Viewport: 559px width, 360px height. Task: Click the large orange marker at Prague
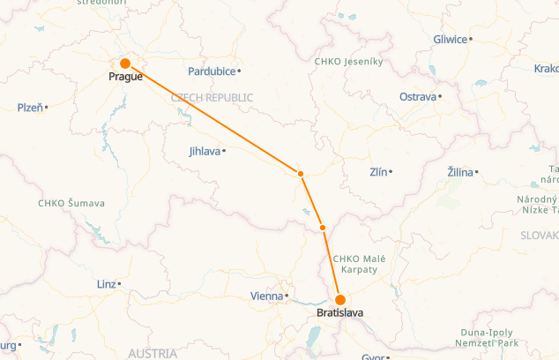125,64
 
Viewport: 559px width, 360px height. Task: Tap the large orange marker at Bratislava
340,300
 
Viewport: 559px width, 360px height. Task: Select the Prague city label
125,77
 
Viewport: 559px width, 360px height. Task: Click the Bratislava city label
340,313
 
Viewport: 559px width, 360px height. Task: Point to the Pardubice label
212,71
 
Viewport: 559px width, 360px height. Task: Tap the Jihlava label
205,151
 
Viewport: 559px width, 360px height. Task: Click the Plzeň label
30,107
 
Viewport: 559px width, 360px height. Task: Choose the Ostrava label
418,96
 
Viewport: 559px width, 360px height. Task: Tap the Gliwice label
450,39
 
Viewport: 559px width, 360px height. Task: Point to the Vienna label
266,296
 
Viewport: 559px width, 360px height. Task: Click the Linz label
106,284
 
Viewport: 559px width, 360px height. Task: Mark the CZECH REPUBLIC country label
212,98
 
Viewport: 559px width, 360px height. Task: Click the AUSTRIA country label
153,353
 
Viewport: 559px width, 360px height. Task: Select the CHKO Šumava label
71,203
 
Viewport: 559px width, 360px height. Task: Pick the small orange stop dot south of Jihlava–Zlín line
323,228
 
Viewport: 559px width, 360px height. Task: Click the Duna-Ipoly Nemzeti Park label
482,338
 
